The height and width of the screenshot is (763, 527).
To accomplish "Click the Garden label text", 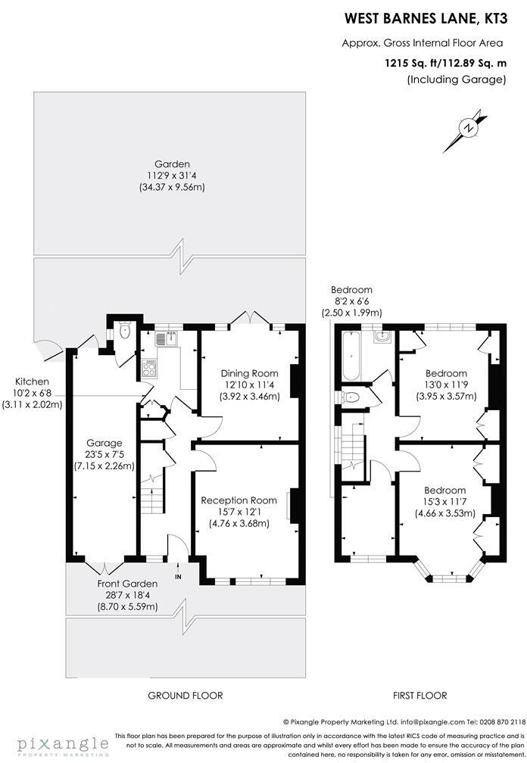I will tap(172, 163).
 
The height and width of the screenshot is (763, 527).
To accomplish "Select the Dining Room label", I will tap(249, 373).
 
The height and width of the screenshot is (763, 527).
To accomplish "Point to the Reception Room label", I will tap(239, 500).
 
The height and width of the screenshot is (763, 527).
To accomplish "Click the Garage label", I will tap(104, 443).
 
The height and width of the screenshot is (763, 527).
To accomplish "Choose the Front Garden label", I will tap(127, 584).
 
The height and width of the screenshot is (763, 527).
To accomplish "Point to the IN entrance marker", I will tap(179, 578).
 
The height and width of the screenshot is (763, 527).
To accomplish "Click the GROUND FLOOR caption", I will tap(185, 695).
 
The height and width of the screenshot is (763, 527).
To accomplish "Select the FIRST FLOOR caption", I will tap(419, 695).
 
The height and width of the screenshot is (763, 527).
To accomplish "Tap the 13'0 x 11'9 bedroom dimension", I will tap(446, 385).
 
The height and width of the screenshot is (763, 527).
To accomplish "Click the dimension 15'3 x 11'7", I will tap(446, 502).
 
